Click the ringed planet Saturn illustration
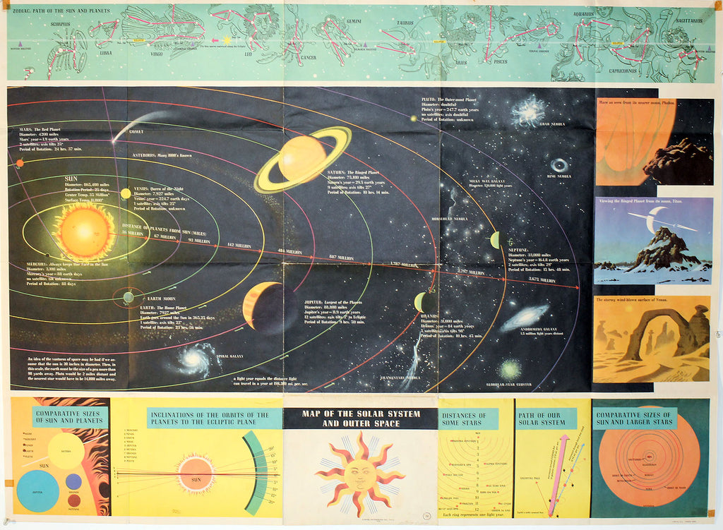click(x=302, y=159)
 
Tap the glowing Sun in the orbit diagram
click(x=84, y=231)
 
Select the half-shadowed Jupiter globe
click(x=262, y=307)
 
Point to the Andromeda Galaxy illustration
click(x=524, y=317)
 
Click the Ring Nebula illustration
click(x=558, y=165)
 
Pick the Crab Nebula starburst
click(x=529, y=111)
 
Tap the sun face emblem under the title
click(x=360, y=474)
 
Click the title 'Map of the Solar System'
click(x=361, y=418)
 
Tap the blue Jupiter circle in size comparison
click(x=37, y=490)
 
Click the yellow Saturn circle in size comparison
click(x=66, y=451)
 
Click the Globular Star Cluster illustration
click(x=510, y=369)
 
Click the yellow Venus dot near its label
click(x=126, y=193)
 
